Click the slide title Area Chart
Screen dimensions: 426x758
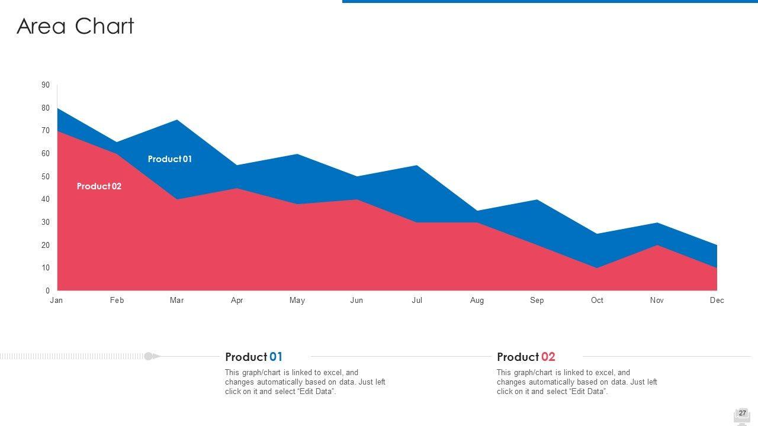pyautogui.click(x=75, y=27)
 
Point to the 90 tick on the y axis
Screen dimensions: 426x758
pyautogui.click(x=46, y=85)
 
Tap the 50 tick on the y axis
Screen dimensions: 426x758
pyautogui.click(x=46, y=177)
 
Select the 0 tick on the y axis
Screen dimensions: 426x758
pyautogui.click(x=47, y=291)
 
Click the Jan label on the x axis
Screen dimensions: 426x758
pyautogui.click(x=56, y=301)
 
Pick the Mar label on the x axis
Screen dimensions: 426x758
pyautogui.click(x=176, y=301)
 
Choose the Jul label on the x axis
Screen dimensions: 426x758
pyautogui.click(x=417, y=301)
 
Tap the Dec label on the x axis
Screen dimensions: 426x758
pyautogui.click(x=717, y=301)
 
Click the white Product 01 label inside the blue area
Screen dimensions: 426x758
pyautogui.click(x=169, y=159)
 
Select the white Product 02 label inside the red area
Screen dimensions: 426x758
pyautogui.click(x=99, y=186)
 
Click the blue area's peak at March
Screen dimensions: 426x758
pyautogui.click(x=177, y=121)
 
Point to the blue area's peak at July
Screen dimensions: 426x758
pyautogui.click(x=417, y=166)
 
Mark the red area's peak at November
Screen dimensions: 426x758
pyautogui.click(x=657, y=246)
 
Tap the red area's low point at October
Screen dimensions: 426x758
pyautogui.click(x=597, y=267)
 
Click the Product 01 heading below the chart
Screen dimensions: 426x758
pyautogui.click(x=253, y=357)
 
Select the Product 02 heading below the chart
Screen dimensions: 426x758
pyautogui.click(x=526, y=357)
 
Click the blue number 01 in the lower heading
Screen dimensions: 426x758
pyautogui.click(x=276, y=357)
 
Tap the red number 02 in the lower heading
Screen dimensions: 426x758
pyautogui.click(x=548, y=357)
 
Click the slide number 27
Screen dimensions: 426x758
pyautogui.click(x=742, y=414)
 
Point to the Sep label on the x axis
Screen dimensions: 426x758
pyautogui.click(x=537, y=301)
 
